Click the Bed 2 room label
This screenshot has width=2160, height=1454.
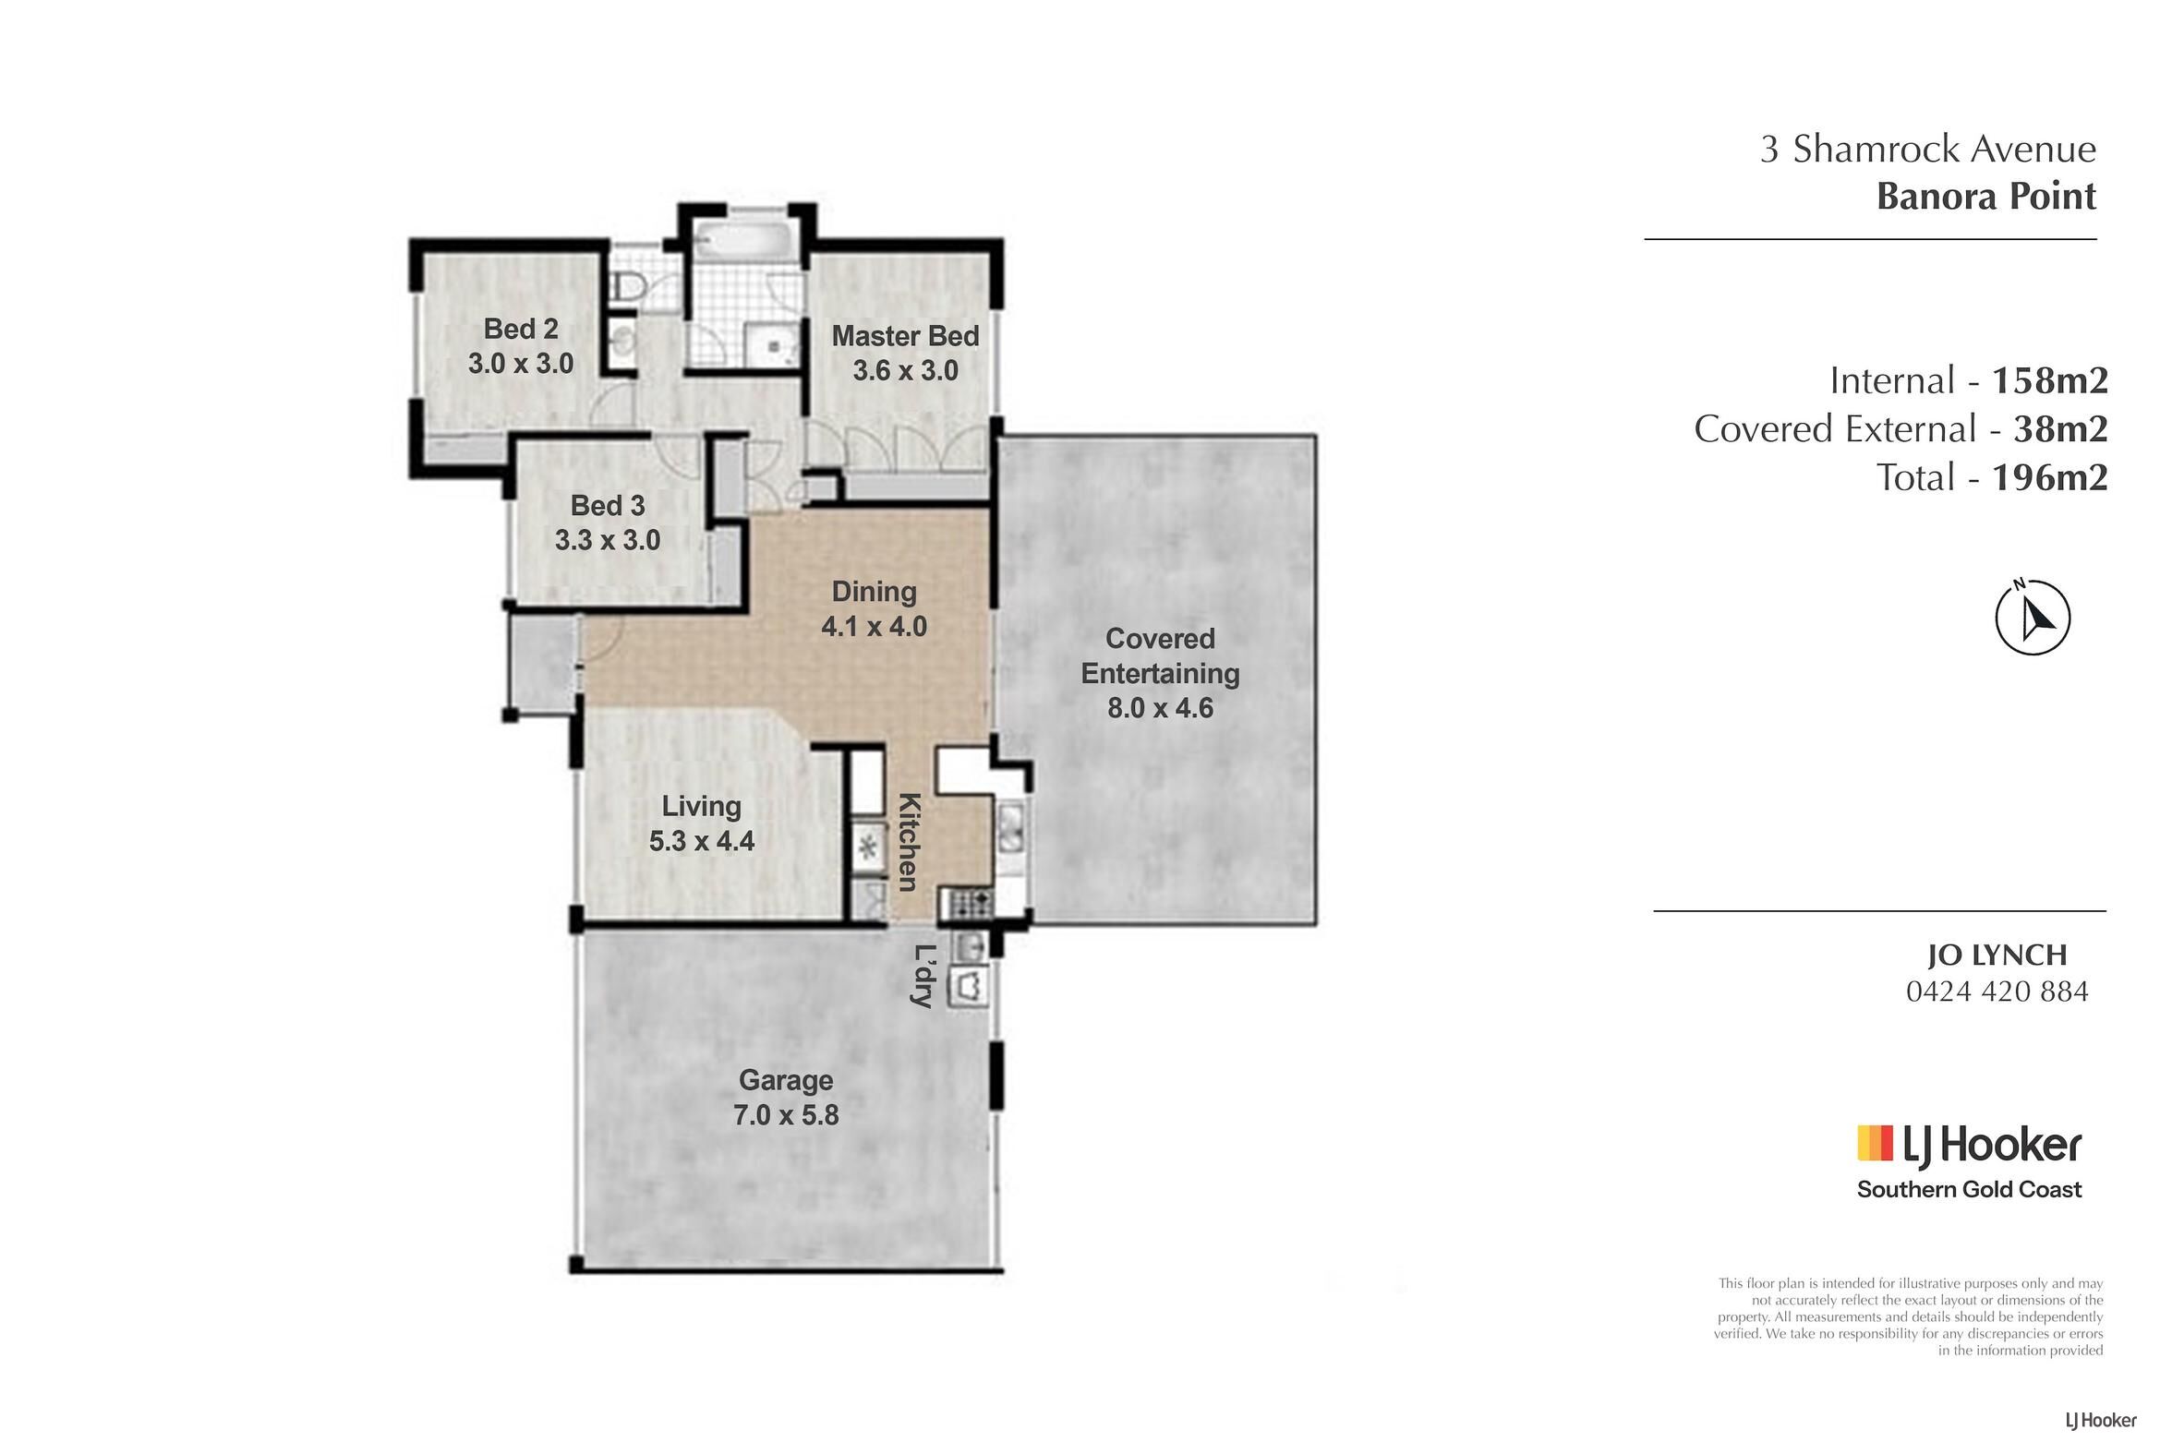[520, 330]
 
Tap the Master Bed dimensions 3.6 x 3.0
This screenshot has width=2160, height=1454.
[905, 371]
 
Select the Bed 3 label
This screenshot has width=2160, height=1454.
[608, 505]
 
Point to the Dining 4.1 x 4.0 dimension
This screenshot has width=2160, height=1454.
[874, 627]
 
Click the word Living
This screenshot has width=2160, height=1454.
[701, 807]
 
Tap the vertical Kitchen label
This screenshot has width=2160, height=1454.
[909, 842]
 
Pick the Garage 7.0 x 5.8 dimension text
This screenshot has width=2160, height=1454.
[786, 1114]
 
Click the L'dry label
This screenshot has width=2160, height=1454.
[923, 976]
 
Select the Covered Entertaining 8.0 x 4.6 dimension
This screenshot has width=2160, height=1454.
[1160, 708]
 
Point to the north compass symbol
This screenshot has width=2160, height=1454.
[2032, 618]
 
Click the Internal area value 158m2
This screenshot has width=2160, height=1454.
[2049, 380]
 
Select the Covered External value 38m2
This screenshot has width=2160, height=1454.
[2061, 428]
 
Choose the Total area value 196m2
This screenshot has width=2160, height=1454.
[2049, 477]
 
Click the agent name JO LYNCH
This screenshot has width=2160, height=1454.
[1997, 955]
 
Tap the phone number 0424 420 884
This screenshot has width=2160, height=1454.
[1997, 992]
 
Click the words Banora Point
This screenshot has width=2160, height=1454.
[1985, 197]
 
